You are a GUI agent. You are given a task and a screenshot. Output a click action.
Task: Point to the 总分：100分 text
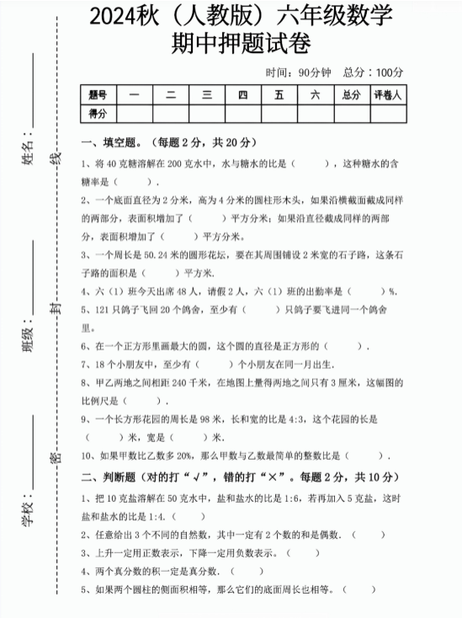coord(374,72)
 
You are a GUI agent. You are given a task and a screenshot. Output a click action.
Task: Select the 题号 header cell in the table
coord(98,95)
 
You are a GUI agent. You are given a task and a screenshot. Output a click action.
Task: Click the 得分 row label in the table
coord(98,113)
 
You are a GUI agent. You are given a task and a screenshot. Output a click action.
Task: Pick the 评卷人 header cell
coord(387,95)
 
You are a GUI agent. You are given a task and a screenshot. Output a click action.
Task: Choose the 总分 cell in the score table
coord(351,95)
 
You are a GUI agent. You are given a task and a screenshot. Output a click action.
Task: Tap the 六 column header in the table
coord(315,95)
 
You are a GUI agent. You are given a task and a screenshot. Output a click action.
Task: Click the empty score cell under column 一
coord(135,113)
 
